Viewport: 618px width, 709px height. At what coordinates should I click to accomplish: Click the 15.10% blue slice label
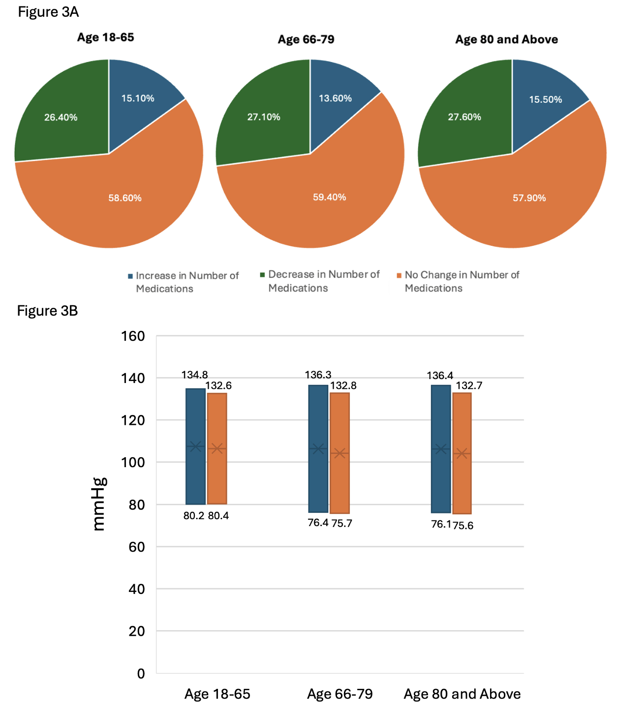point(138,98)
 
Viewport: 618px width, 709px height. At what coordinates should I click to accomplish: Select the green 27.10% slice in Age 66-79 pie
point(264,117)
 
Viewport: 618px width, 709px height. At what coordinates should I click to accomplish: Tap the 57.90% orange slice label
point(529,198)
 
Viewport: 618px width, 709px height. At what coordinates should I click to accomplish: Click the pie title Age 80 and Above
point(506,39)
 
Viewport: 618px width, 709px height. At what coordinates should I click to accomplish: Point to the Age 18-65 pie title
point(105,37)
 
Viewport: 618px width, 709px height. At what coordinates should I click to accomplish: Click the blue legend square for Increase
point(130,276)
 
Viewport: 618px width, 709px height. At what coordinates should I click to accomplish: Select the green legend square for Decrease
point(263,274)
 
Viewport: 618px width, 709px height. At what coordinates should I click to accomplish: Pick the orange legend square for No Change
point(399,275)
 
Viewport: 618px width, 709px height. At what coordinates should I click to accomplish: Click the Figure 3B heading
point(47,311)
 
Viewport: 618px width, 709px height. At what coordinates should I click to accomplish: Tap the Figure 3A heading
point(48,12)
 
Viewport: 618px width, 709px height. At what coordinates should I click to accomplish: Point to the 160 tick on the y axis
point(133,336)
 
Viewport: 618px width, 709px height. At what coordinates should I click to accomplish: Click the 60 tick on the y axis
point(136,547)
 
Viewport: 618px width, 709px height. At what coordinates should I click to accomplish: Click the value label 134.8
point(194,375)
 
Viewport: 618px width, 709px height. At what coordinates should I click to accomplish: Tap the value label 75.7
point(341,523)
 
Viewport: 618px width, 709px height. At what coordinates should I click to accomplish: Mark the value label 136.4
point(439,376)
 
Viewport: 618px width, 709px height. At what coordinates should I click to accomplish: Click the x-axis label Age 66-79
point(340,694)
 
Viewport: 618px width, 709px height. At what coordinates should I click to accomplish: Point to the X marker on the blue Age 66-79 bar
point(318,448)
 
